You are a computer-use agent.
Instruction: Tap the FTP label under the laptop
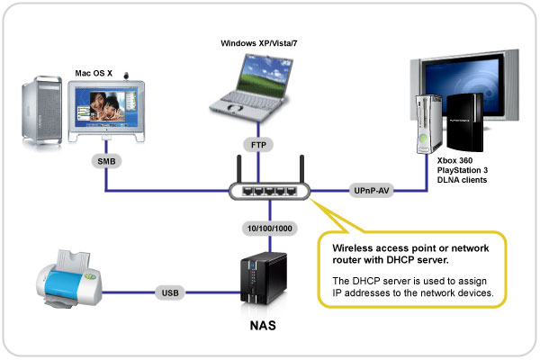pos(257,144)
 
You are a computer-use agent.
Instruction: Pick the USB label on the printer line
pos(171,292)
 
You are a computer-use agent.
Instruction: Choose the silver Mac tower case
pos(42,112)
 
